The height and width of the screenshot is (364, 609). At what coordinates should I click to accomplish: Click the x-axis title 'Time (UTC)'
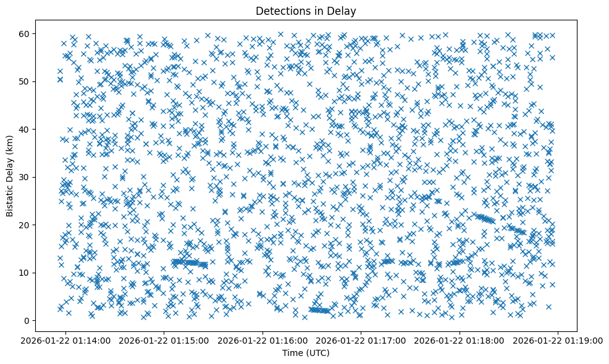click(x=306, y=353)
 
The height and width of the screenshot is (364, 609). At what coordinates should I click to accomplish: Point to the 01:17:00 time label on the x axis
click(x=361, y=340)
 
